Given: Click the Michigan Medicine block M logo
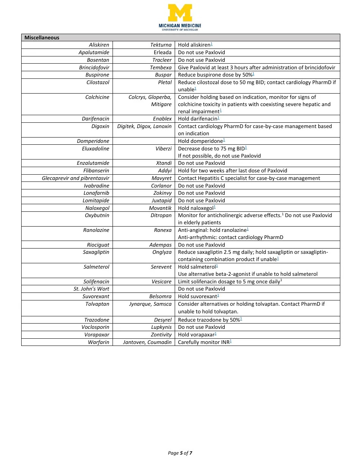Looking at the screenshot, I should pyautogui.click(x=180, y=13).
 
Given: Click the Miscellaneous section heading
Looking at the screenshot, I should pyautogui.click(x=42, y=38).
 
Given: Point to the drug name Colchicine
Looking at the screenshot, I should pyautogui.click(x=97, y=97).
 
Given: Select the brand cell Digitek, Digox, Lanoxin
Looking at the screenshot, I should pyautogui.click(x=144, y=126).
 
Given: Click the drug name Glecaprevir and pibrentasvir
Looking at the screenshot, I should pyautogui.click(x=75, y=178).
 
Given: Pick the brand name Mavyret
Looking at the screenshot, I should pyautogui.click(x=161, y=178).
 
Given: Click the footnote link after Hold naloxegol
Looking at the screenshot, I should pyautogui.click(x=214, y=207).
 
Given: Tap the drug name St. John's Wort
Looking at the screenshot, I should pyautogui.click(x=91, y=289).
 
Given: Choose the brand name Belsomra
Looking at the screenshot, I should pyautogui.click(x=160, y=296).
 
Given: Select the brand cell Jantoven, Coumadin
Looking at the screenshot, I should pyautogui.click(x=147, y=342).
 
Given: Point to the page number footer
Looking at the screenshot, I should pyautogui.click(x=180, y=453).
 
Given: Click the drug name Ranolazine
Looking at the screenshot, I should pyautogui.click(x=96, y=230).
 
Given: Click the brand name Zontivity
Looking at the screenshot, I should pyautogui.click(x=161, y=335).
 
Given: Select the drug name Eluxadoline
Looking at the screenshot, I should pyautogui.click(x=95, y=149).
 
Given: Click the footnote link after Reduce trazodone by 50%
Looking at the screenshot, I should pyautogui.click(x=241, y=319).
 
